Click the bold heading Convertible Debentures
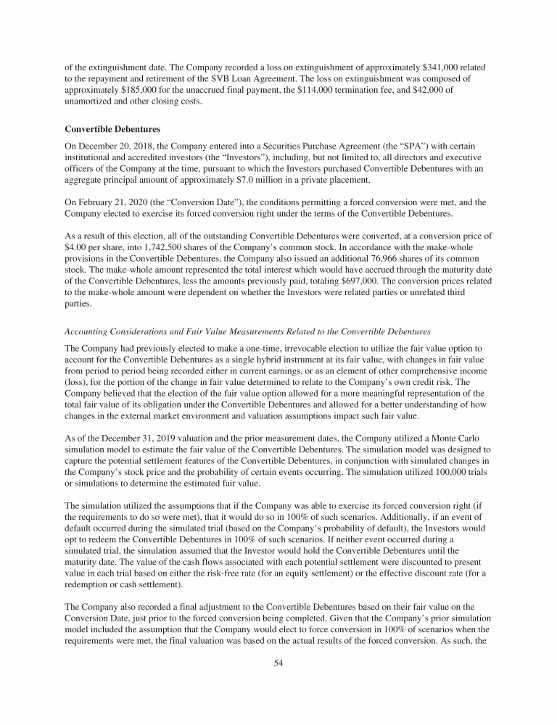(x=112, y=130)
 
